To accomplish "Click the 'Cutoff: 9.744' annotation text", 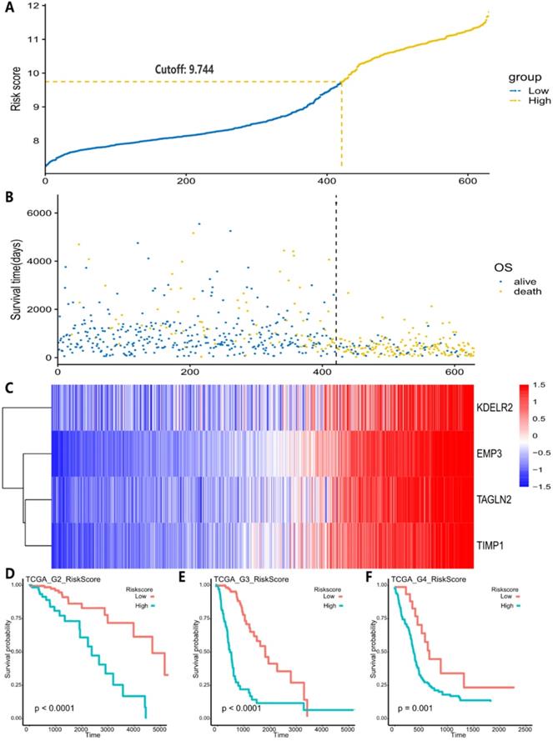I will pos(200,69).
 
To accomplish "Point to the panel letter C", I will pos(9,386).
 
